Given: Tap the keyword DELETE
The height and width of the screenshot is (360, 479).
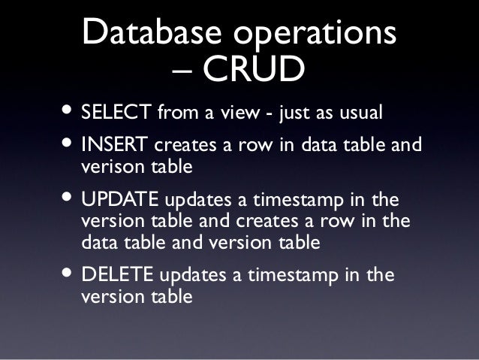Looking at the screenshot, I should point(116,275).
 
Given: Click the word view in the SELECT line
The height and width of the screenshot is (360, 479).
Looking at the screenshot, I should point(240,113).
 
